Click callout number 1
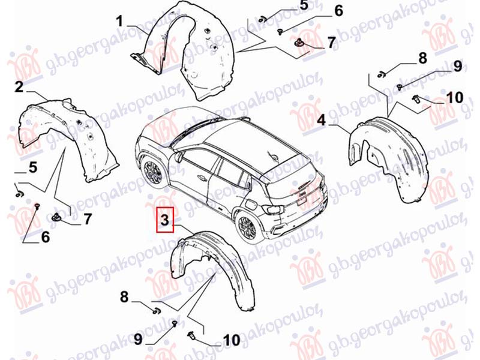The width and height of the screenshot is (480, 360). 119,22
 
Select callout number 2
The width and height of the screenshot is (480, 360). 19,86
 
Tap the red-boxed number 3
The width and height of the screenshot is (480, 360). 164,220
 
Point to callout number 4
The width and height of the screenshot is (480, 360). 321,121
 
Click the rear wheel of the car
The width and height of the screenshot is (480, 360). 247,227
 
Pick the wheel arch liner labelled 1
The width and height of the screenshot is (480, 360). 184,52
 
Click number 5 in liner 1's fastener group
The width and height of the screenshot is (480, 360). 304,6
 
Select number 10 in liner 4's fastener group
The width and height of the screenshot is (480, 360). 455,98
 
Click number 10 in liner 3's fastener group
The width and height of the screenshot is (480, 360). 232,340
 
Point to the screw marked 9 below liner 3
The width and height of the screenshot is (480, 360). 175,323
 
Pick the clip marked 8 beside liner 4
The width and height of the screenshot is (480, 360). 381,74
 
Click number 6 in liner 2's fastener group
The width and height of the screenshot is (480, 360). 45,237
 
